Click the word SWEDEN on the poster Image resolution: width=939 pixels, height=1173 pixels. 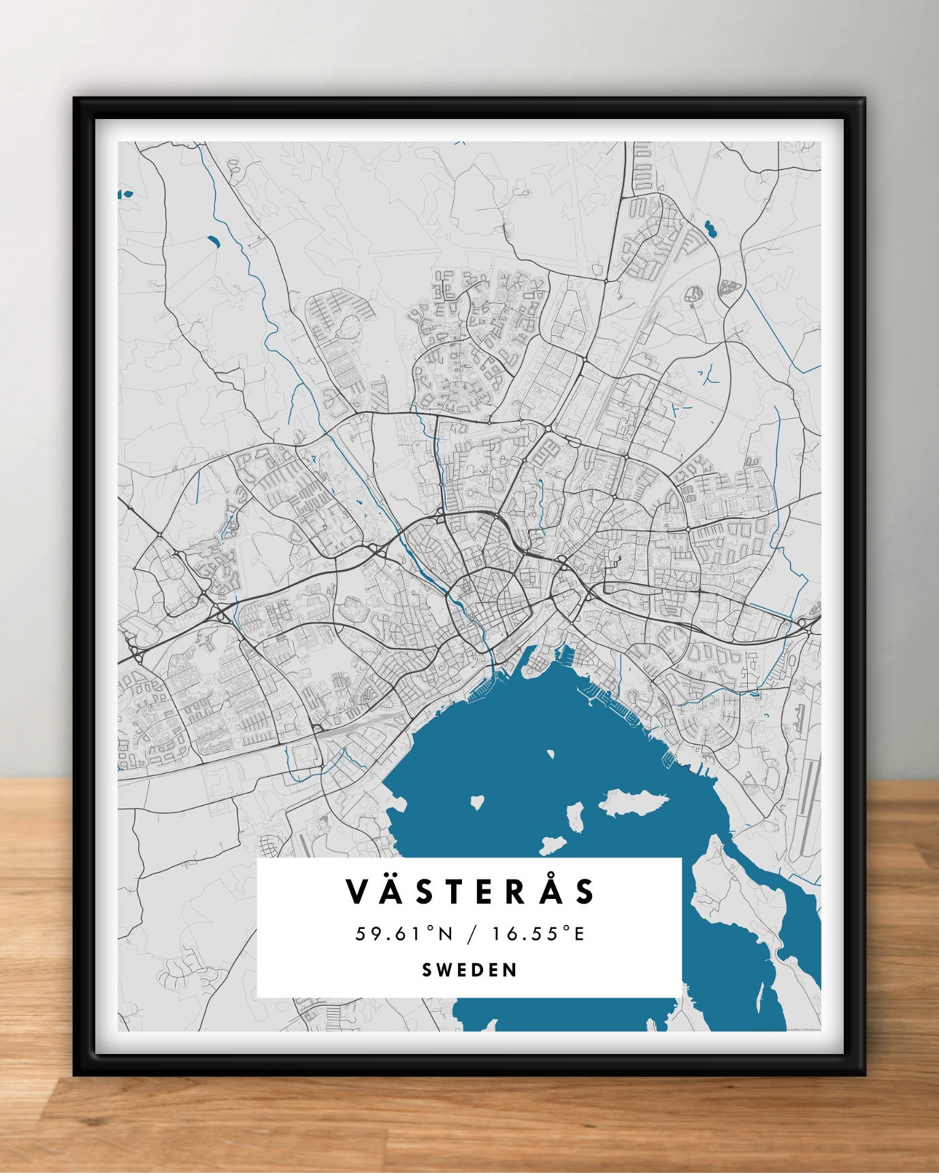click(469, 970)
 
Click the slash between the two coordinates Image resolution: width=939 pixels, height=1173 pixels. click(471, 934)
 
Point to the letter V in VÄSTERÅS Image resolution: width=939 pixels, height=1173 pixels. click(359, 891)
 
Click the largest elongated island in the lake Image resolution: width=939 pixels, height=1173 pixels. click(633, 803)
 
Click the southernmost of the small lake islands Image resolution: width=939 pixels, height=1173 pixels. click(553, 845)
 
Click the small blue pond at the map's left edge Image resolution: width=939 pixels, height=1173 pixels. click(125, 194)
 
